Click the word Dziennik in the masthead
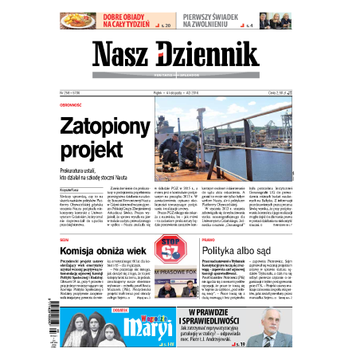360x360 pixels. tap(207, 53)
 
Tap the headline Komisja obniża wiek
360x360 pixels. tap(105, 251)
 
